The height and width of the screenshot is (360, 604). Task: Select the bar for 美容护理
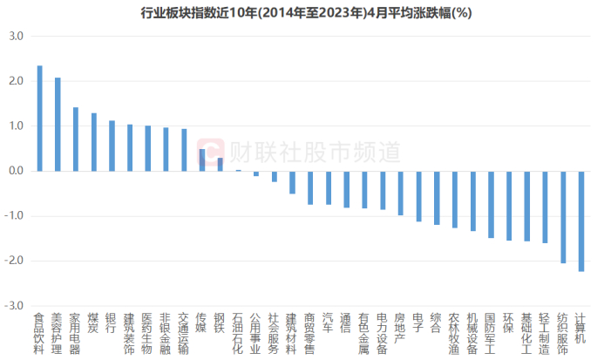click(58, 125)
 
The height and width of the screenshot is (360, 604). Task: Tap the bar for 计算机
click(580, 221)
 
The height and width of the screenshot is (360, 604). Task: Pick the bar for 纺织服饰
click(562, 217)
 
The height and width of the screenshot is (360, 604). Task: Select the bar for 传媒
click(202, 160)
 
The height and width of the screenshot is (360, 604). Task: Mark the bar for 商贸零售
click(309, 187)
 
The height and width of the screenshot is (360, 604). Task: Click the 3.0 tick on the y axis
click(17, 37)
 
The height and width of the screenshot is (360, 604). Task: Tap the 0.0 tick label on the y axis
click(17, 172)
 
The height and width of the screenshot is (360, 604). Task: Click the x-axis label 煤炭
click(93, 323)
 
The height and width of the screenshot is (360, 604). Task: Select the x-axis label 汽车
click(328, 323)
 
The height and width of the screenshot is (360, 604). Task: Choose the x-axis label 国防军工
click(490, 332)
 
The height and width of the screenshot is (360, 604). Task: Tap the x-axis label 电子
click(417, 323)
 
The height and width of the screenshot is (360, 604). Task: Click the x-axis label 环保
click(508, 323)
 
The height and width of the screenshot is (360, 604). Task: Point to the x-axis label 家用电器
click(75, 332)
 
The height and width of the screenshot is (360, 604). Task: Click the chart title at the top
click(302, 12)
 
